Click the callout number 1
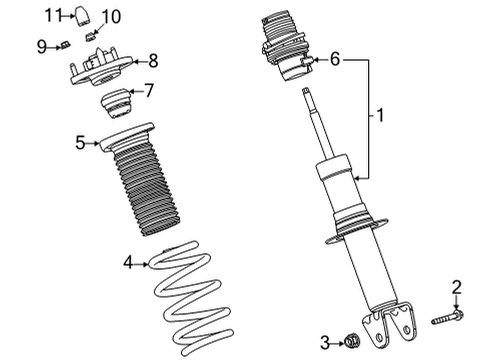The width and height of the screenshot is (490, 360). [x=379, y=116]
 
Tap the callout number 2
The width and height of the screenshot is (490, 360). [x=456, y=288]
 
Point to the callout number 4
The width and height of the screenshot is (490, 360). [x=128, y=263]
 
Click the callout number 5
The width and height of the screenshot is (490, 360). [x=80, y=143]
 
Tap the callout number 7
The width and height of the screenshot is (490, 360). [x=149, y=90]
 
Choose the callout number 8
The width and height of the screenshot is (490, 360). [x=152, y=59]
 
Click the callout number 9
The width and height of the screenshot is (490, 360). [x=42, y=44]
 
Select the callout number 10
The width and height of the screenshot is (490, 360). [x=110, y=16]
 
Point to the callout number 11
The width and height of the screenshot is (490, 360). [x=57, y=14]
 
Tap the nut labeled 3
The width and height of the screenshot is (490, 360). [x=350, y=343]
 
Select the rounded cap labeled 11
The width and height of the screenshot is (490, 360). [x=86, y=15]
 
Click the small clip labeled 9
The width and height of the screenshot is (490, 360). [x=63, y=44]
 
